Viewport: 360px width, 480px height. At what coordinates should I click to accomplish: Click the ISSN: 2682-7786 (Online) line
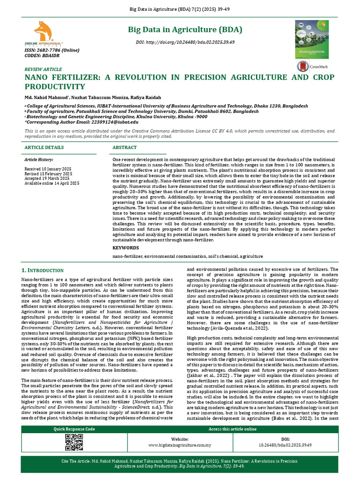click(46, 51)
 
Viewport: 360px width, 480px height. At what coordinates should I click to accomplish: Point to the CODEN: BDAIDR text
click(39, 56)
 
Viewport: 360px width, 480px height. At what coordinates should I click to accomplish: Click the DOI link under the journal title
click(185, 42)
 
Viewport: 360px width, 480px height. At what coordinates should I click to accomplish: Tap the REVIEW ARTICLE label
click(43, 69)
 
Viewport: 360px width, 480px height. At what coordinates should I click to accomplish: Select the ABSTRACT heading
click(125, 147)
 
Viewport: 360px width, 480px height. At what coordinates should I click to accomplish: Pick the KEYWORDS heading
click(126, 247)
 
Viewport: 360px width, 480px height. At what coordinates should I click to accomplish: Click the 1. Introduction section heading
click(43, 270)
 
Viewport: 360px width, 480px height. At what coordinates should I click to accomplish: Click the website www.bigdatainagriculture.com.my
click(180, 444)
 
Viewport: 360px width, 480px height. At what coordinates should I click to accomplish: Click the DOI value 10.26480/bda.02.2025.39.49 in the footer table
click(285, 444)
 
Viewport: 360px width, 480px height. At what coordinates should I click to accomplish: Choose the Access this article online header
click(232, 429)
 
